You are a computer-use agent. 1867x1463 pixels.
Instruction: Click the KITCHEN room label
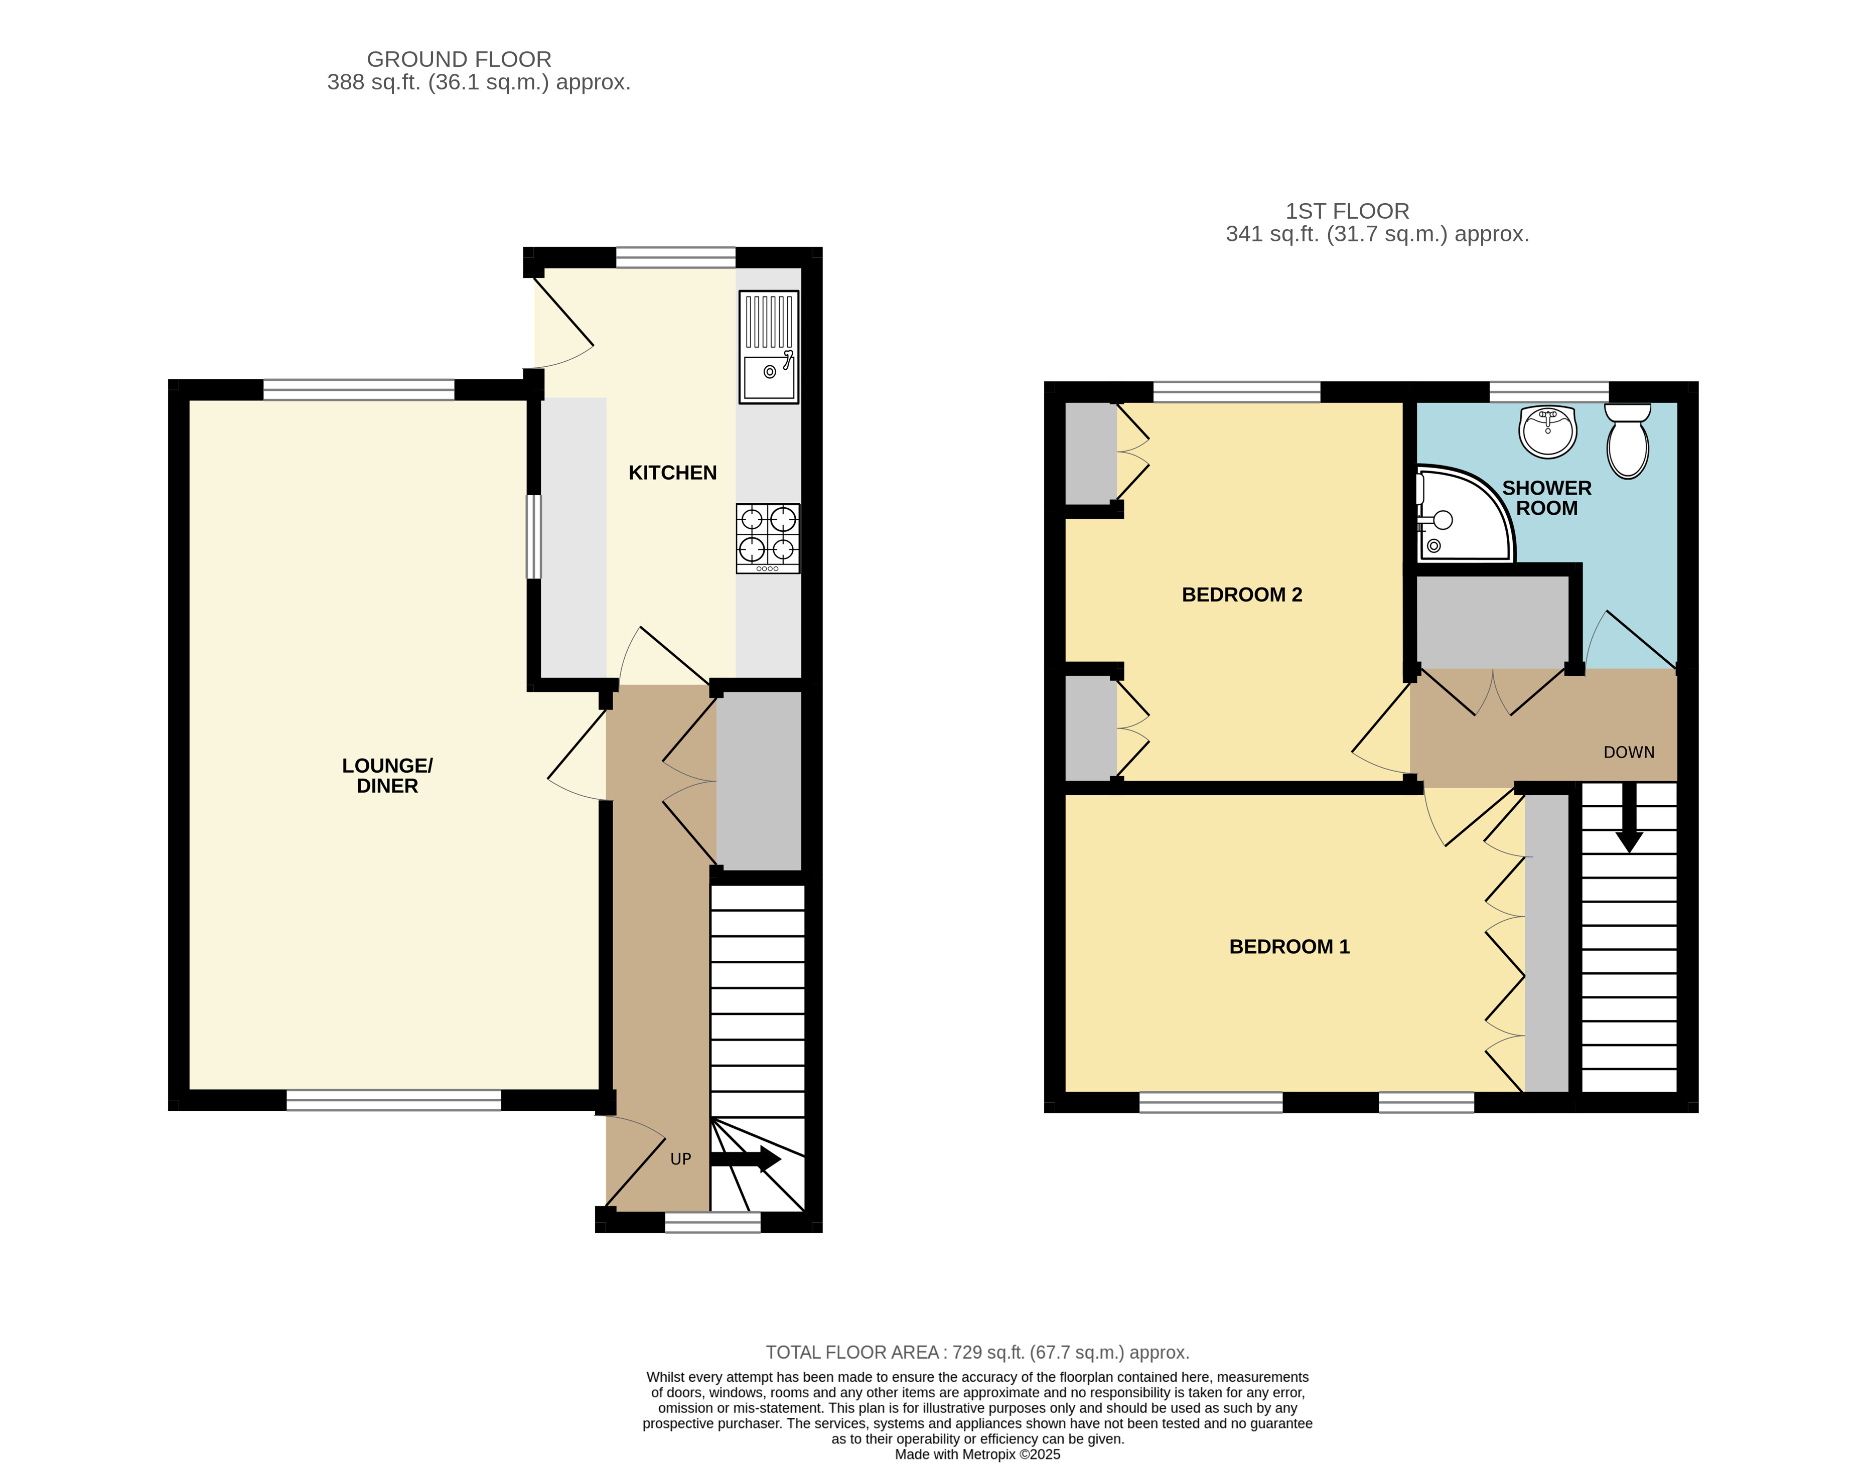point(672,473)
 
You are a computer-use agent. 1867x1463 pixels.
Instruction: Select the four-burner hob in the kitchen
point(768,538)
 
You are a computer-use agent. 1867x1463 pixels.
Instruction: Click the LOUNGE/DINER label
point(387,775)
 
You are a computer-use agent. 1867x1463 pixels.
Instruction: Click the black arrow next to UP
point(745,1160)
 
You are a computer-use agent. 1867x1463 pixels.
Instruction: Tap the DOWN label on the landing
point(1629,752)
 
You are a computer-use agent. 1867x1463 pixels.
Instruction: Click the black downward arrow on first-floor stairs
point(1629,818)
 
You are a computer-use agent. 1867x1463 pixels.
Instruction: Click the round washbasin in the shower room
point(1547,431)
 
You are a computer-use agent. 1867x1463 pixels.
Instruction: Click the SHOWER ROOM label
point(1547,498)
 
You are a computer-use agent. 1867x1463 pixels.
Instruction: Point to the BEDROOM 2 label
point(1242,595)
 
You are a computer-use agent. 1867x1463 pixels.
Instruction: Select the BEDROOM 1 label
point(1289,947)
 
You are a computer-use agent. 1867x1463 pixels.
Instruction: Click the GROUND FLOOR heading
point(459,59)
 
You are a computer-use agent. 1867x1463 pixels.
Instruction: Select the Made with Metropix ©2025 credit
point(977,1453)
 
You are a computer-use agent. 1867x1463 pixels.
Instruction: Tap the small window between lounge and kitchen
point(533,537)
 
